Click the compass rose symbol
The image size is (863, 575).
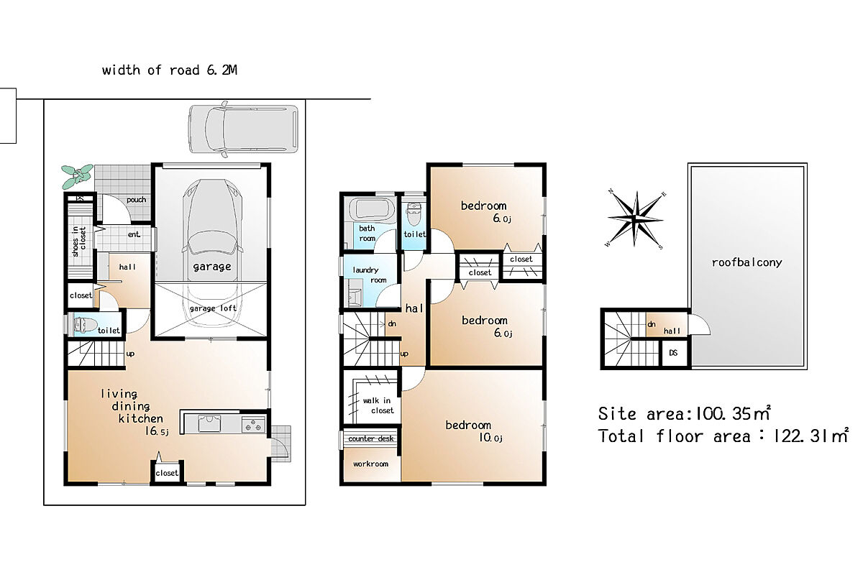636,219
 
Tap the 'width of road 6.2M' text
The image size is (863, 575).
170,70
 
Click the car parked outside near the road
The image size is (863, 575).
243,129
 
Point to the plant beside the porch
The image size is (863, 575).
78,176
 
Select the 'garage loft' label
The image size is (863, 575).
213,308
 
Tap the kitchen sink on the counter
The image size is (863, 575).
209,423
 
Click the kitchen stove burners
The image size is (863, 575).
253,424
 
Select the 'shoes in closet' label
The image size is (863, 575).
79,241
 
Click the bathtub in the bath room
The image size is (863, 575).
372,208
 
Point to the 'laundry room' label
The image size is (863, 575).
369,275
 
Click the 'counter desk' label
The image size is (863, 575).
370,438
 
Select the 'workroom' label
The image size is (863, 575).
370,464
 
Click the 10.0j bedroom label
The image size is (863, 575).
474,431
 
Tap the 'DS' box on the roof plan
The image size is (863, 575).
674,353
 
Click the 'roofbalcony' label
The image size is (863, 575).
746,262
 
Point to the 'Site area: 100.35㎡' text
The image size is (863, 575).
684,413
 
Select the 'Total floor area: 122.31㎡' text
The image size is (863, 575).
723,436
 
